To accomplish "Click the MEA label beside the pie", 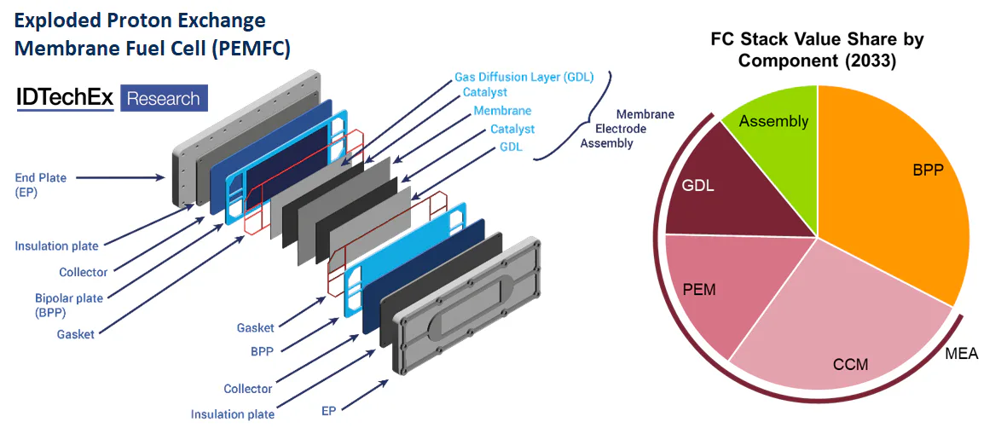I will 962,354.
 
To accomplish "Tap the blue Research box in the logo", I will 163,99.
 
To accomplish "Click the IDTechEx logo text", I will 65,99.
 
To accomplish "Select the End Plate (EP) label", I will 40,184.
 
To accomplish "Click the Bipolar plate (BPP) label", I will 59,305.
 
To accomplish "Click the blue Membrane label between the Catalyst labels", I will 502,111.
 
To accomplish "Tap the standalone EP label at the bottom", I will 328,410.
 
